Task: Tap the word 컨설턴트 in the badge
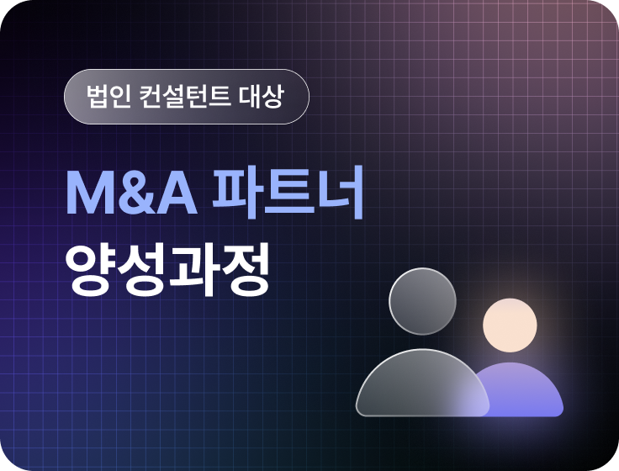tap(185, 97)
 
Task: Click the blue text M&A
tap(131, 193)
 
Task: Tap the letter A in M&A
tap(177, 193)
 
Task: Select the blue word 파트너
tap(288, 193)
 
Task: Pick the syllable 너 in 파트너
tap(341, 193)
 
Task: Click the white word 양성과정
tap(167, 269)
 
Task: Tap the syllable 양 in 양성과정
tap(91, 269)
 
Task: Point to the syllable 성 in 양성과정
tap(141, 269)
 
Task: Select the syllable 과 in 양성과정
tap(193, 269)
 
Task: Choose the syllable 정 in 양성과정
tap(245, 269)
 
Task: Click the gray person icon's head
tap(422, 302)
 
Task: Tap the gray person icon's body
tap(422, 385)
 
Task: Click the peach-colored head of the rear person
tap(510, 325)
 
